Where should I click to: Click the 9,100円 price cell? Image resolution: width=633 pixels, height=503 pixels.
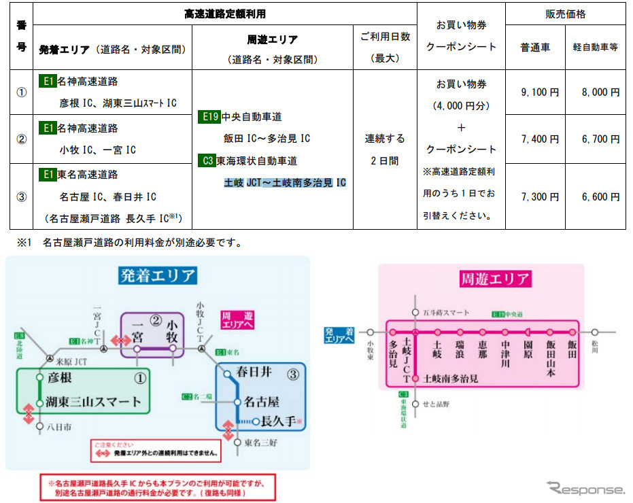540,92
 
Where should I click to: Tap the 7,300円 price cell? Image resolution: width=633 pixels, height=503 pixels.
540,197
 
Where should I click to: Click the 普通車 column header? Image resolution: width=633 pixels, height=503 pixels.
535,48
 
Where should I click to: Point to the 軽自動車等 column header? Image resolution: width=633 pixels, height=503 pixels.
595,48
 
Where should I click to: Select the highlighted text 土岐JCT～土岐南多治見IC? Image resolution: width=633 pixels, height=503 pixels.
285,183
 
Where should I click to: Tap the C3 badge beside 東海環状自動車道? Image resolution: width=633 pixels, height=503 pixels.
208,161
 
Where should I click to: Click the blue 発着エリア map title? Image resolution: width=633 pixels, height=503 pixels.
158,275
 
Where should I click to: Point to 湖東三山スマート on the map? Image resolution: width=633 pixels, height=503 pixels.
95,401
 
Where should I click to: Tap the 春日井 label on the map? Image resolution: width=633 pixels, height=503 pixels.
254,372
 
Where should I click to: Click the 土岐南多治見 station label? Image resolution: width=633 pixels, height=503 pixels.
450,379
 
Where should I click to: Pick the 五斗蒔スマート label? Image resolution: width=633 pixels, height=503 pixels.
446,313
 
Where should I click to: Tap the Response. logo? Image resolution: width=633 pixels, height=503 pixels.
585,488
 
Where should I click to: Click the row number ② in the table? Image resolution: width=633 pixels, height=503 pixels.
21,139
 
